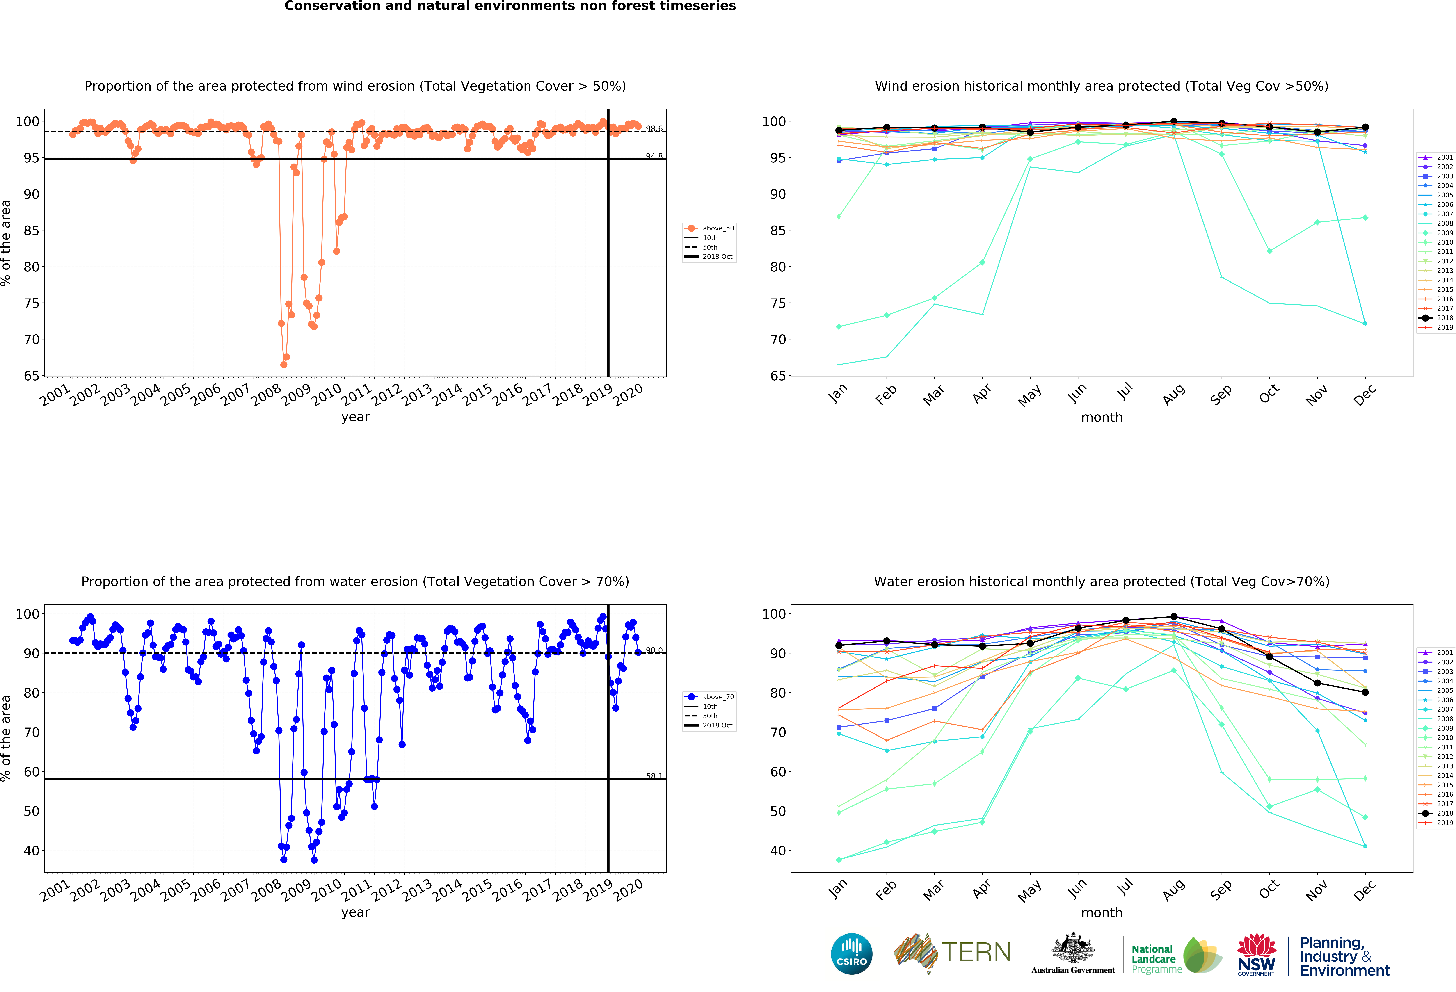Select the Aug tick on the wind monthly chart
(1173, 395)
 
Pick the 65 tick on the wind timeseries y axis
(31, 376)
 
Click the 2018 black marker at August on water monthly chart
(1173, 617)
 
